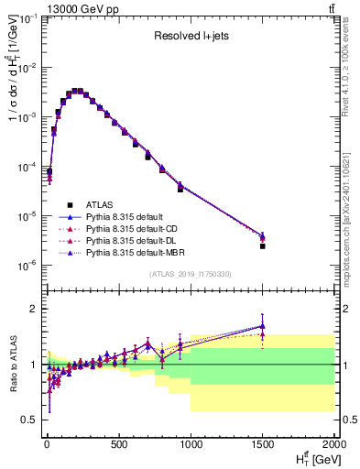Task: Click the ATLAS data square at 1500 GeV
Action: (262, 245)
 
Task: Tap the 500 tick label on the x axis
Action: (118, 446)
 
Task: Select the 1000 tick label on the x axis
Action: (191, 446)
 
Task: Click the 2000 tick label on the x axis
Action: (334, 446)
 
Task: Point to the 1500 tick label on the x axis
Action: (263, 446)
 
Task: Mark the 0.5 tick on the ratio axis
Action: (29, 420)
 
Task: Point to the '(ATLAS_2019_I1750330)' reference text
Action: (189, 274)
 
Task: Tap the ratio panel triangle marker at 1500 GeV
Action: (262, 326)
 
